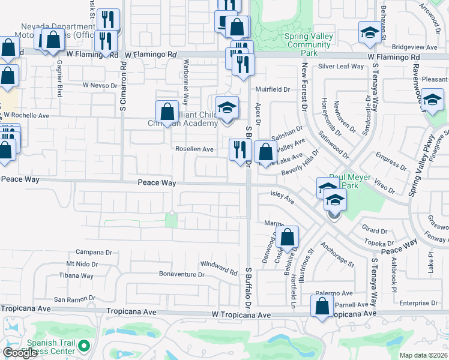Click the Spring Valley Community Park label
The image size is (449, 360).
pyautogui.click(x=309, y=44)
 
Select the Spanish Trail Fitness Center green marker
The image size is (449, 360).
pyautogui.click(x=85, y=346)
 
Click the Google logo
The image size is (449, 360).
pyautogui.click(x=20, y=353)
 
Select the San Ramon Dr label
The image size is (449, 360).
pyautogui.click(x=75, y=299)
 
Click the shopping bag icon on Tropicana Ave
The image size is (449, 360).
pyautogui.click(x=322, y=306)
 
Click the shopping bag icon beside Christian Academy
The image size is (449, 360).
pyautogui.click(x=167, y=111)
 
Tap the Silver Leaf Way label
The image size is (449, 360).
pyautogui.click(x=341, y=67)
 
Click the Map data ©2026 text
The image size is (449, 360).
pyautogui.click(x=423, y=355)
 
